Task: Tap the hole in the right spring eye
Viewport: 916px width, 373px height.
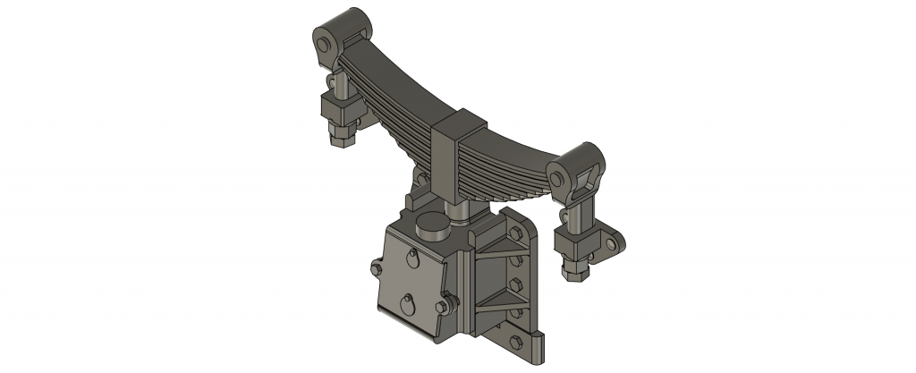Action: point(560,179)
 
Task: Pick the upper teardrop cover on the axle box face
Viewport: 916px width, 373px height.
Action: point(409,259)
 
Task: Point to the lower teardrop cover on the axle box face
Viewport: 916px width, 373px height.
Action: point(407,303)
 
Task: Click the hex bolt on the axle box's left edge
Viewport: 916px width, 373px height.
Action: point(375,266)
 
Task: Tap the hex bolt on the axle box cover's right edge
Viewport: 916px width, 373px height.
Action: point(443,308)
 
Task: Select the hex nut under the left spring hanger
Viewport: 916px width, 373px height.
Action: point(343,137)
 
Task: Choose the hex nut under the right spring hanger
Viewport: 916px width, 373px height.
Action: point(575,267)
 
